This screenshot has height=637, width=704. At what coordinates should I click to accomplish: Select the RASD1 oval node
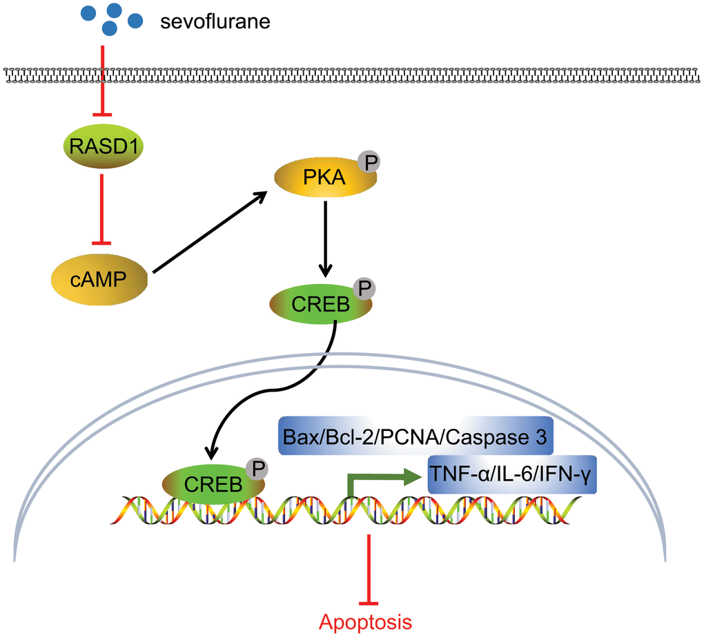tap(102, 147)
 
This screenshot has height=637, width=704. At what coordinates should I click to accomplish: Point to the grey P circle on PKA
tap(368, 163)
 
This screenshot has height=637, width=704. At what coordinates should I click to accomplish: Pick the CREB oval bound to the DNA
tap(213, 483)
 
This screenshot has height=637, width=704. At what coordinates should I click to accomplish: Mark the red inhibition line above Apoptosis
tap(370, 565)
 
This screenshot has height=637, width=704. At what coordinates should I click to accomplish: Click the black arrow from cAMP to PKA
tap(208, 233)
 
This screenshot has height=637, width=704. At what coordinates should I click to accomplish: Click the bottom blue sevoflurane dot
tap(108, 28)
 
